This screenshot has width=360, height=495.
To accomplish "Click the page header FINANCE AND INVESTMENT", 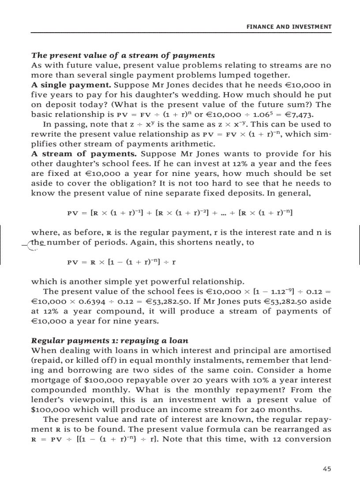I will (289, 27).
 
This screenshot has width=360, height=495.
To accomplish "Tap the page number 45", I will (326, 469).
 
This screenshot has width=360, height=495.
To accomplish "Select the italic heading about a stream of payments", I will (123, 56).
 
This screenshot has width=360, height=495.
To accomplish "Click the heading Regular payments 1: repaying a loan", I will (110, 341).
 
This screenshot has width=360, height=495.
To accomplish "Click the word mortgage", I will (50, 380).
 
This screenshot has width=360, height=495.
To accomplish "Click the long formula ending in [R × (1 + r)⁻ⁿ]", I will (180, 213).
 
